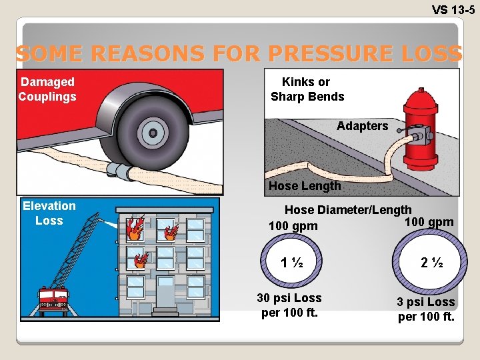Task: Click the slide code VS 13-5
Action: pyautogui.click(x=453, y=9)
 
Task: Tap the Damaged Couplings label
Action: pyautogui.click(x=47, y=89)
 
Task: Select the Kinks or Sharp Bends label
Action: pyautogui.click(x=307, y=89)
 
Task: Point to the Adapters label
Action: pyautogui.click(x=362, y=126)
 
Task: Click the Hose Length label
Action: pyautogui.click(x=304, y=186)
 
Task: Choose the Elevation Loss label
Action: pyautogui.click(x=49, y=213)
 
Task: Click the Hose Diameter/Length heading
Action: pyautogui.click(x=348, y=209)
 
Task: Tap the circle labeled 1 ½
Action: pyautogui.click(x=291, y=262)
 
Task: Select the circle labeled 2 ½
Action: pyautogui.click(x=426, y=263)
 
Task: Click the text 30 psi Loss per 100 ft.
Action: pyautogui.click(x=289, y=305)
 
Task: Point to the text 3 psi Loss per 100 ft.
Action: pyautogui.click(x=426, y=309)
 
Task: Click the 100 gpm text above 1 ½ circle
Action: pyautogui.click(x=293, y=227)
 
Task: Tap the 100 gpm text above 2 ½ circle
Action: pyautogui.click(x=429, y=222)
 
